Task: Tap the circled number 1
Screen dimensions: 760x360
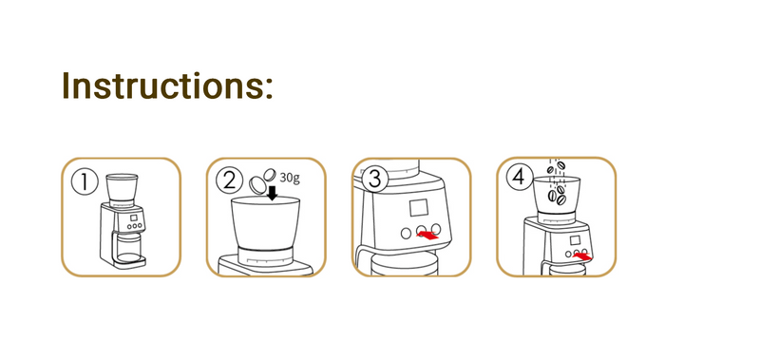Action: click(85, 182)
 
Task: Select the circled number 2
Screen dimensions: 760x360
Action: click(229, 181)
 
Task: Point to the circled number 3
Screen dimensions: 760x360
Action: click(374, 180)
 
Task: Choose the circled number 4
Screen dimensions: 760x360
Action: click(519, 178)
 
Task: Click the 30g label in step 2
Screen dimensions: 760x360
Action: click(290, 179)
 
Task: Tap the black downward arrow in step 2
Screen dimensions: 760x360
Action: click(273, 193)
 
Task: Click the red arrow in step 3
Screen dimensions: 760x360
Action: click(428, 235)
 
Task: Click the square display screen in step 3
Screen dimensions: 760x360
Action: click(418, 208)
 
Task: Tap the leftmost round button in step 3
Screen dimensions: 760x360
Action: click(407, 233)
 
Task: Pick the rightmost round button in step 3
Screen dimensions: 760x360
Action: click(436, 229)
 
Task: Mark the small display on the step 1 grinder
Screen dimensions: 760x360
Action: click(134, 218)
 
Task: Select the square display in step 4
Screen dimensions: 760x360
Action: click(575, 240)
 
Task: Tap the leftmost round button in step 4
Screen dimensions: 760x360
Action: click(568, 254)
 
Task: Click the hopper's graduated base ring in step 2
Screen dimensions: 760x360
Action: click(265, 256)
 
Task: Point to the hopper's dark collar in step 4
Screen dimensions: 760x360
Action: click(557, 215)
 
